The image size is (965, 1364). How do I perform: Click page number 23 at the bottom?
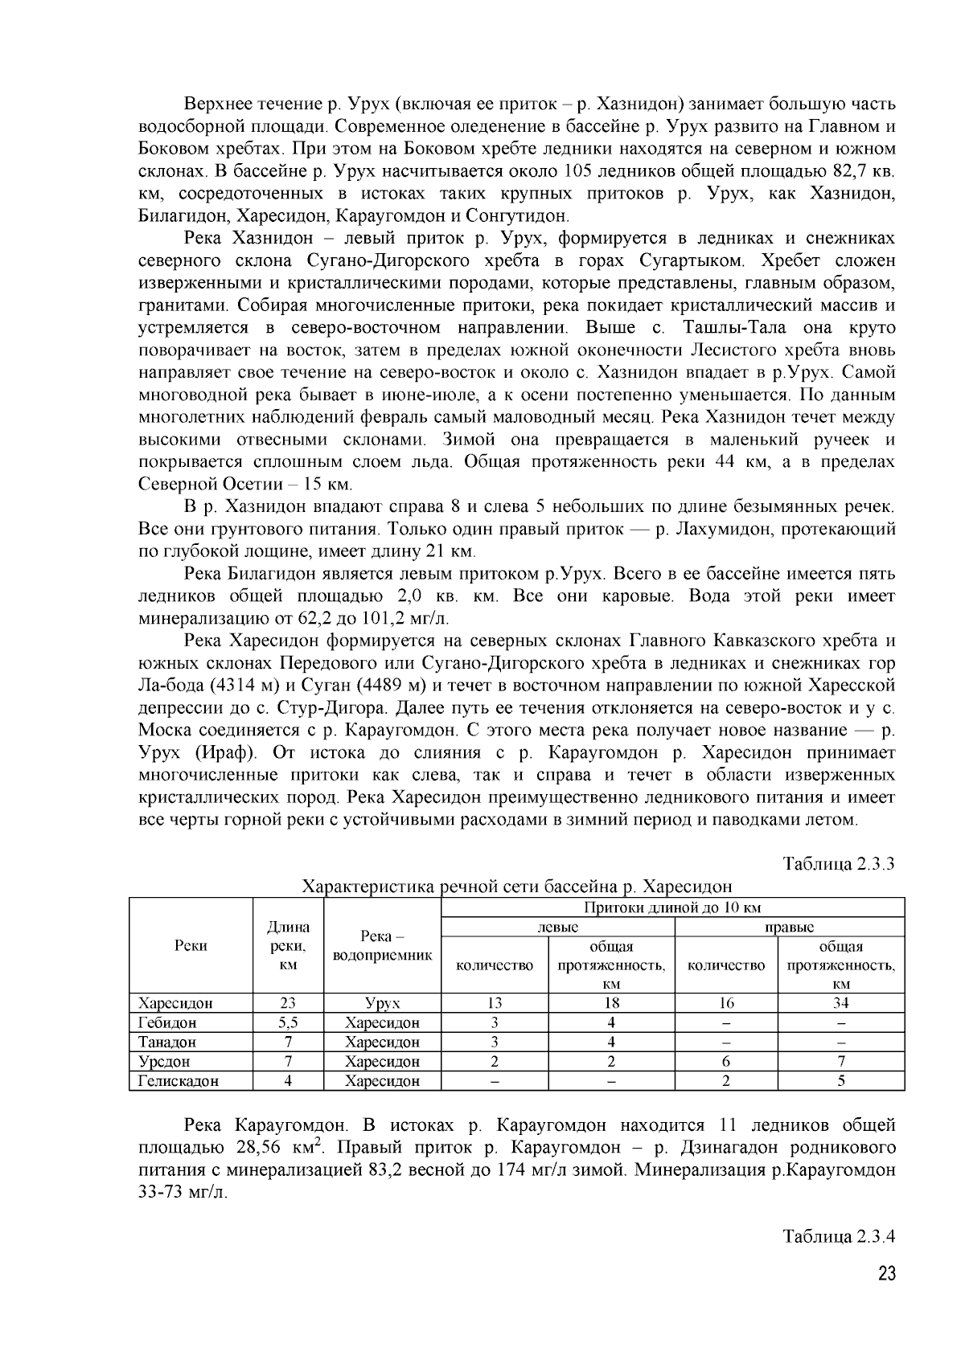point(886,1275)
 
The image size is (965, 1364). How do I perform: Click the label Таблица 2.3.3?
point(840,864)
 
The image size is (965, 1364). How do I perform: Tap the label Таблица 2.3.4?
point(840,1237)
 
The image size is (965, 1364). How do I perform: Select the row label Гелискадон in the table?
point(179,1081)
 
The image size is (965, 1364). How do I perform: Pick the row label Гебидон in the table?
point(167,1022)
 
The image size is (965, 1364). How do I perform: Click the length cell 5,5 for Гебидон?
point(288,1022)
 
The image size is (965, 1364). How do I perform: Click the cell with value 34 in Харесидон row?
point(841,1002)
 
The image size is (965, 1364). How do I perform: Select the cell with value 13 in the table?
point(495,1002)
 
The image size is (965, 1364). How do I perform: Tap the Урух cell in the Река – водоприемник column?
point(382,1002)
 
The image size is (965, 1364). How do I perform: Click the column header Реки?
point(191,945)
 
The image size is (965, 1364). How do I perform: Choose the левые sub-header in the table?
point(558,927)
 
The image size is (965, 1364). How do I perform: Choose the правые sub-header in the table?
point(789,927)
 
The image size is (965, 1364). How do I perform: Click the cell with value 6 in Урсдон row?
point(726,1061)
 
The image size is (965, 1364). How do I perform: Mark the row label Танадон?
point(167,1042)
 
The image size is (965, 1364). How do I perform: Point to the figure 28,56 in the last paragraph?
point(258,1147)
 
